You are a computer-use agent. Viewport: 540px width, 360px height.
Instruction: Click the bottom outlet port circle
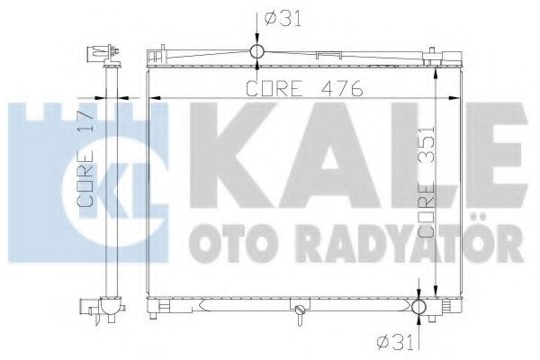(419, 308)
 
